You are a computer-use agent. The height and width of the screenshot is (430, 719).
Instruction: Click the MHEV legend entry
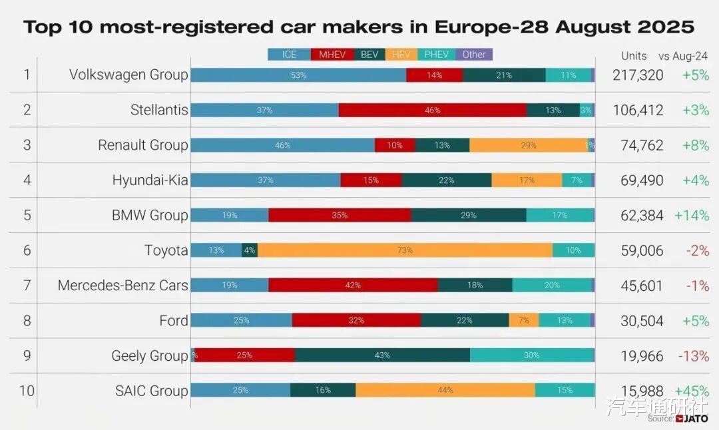pos(332,55)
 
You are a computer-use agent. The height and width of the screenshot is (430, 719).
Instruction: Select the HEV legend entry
pos(401,55)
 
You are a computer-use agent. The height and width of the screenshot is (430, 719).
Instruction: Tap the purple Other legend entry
pos(474,55)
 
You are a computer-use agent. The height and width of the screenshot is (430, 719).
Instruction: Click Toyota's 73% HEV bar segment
pos(405,250)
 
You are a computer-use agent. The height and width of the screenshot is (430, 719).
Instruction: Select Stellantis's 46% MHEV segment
pos(432,110)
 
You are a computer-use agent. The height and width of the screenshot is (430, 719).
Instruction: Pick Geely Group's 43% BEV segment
pos(382,355)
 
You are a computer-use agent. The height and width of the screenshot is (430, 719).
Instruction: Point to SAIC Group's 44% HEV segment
pos(445,390)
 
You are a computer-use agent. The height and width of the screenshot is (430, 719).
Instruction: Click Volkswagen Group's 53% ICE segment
pos(298,75)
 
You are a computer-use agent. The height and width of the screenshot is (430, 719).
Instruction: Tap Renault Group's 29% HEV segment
pos(529,145)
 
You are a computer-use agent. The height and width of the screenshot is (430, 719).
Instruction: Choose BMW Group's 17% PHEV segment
pos(560,215)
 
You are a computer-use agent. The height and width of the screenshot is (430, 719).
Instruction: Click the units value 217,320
pos(638,75)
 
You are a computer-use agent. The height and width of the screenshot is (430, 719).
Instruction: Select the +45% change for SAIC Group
pos(692,391)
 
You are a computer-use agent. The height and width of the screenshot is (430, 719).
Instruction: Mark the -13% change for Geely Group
pos(693,356)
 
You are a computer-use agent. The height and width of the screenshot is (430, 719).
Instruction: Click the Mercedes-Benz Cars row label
pos(122,286)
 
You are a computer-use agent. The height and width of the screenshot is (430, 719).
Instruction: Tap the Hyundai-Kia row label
pos(150,180)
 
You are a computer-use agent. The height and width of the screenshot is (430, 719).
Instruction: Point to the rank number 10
pos(27,391)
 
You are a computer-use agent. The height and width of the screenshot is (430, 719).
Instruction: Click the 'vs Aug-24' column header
pos(683,56)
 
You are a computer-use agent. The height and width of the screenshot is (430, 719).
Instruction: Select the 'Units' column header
pos(634,56)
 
